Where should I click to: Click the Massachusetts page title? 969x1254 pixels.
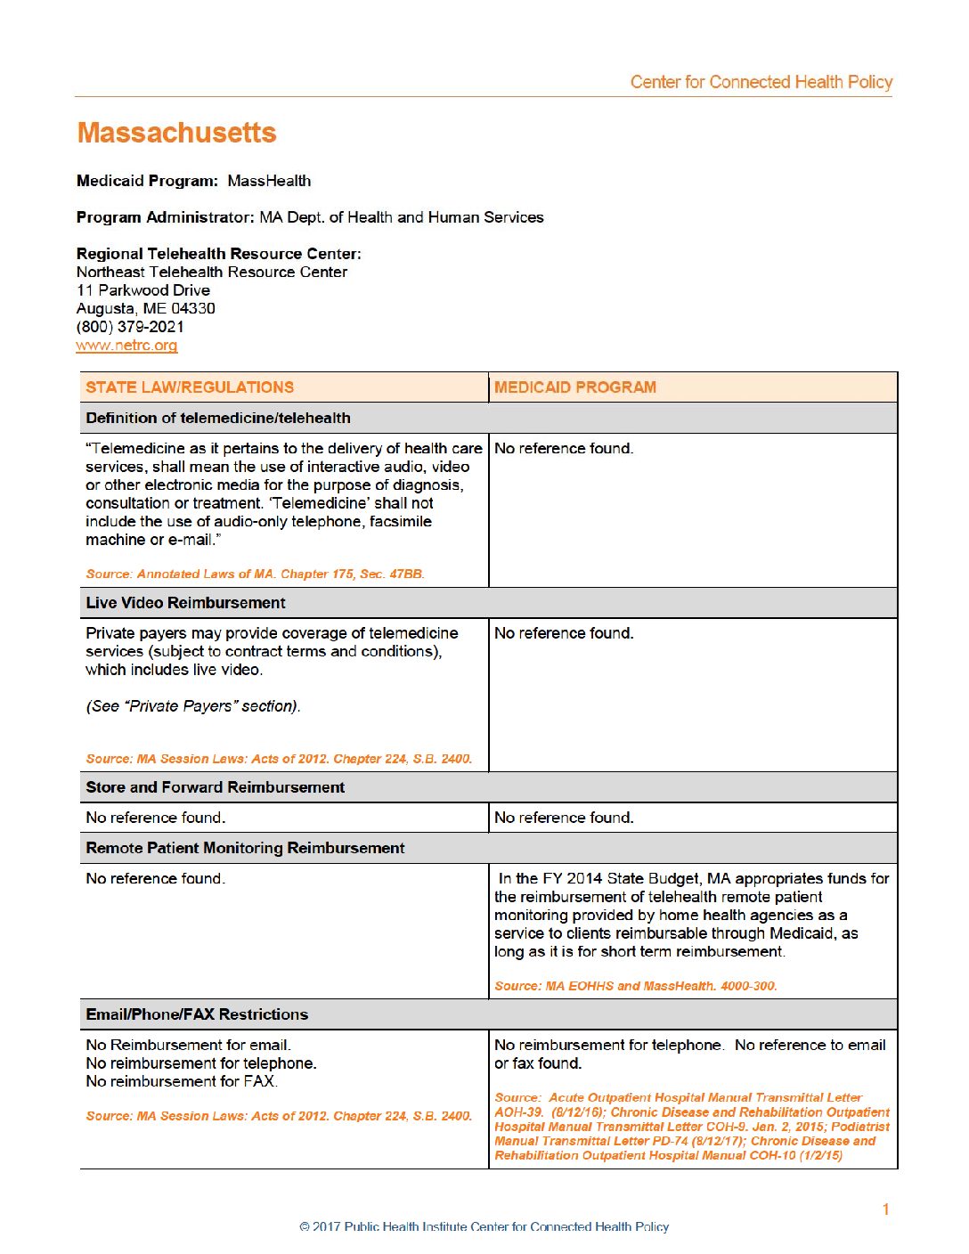coord(176,133)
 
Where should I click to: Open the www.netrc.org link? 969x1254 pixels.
coord(126,346)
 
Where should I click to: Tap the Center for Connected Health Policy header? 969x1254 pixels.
coord(761,82)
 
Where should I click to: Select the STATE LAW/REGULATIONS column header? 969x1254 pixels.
coord(190,387)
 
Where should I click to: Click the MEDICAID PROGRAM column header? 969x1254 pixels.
coord(574,387)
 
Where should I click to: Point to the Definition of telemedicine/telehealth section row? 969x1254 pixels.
coord(218,418)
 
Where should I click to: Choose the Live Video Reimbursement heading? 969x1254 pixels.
coord(185,603)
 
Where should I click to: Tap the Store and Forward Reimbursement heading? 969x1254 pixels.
coord(215,787)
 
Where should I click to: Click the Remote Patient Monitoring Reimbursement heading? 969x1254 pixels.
coord(245,848)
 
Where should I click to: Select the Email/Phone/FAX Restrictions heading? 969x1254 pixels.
coord(197,1014)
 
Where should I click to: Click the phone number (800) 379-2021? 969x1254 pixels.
coord(130,327)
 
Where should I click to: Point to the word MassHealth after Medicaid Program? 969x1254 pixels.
coord(269,181)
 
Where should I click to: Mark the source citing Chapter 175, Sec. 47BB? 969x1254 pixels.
coord(255,574)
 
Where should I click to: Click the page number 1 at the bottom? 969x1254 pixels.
coord(885,1209)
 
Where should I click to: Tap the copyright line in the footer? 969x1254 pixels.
coord(484,1227)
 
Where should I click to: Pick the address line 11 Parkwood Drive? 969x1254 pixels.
coord(143,290)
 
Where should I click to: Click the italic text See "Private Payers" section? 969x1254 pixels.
coord(193,706)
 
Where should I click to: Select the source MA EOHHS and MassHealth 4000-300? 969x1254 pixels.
coord(635,986)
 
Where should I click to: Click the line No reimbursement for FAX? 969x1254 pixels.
coord(182,1081)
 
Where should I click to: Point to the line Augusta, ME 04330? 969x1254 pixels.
coord(146,308)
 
